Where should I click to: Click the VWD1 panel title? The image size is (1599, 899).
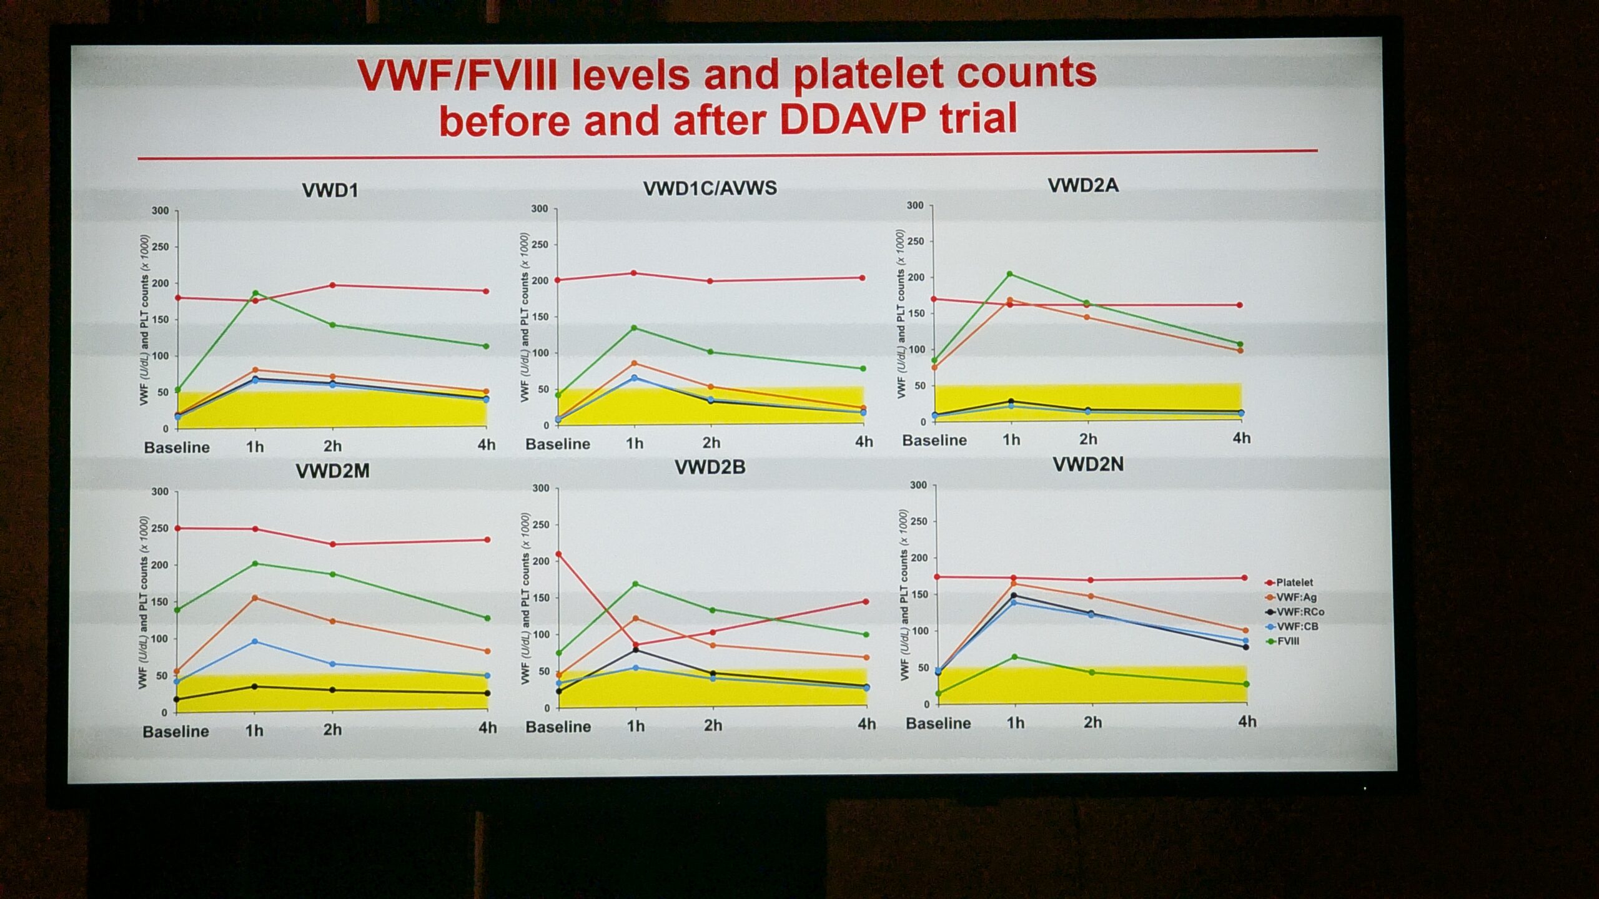click(330, 190)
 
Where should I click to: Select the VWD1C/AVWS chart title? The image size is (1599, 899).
click(710, 188)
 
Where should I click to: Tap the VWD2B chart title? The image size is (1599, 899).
click(710, 467)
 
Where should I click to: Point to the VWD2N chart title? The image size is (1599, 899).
click(1088, 464)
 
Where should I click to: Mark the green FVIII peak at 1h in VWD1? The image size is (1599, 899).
click(255, 293)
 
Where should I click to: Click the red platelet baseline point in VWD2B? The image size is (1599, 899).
click(558, 554)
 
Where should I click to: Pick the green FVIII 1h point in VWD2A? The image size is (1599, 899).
click(1010, 274)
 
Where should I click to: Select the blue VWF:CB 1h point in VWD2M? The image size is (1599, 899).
click(254, 642)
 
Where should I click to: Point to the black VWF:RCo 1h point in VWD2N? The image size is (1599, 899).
click(1014, 596)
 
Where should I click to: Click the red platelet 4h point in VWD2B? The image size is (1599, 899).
click(866, 602)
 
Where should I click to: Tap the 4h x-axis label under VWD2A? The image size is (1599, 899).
click(1242, 438)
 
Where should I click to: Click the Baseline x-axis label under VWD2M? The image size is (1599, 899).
click(176, 732)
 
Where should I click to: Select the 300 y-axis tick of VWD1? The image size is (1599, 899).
click(161, 211)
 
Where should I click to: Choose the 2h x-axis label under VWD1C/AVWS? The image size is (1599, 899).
click(711, 443)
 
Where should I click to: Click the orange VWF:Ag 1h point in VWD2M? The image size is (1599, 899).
click(254, 598)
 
